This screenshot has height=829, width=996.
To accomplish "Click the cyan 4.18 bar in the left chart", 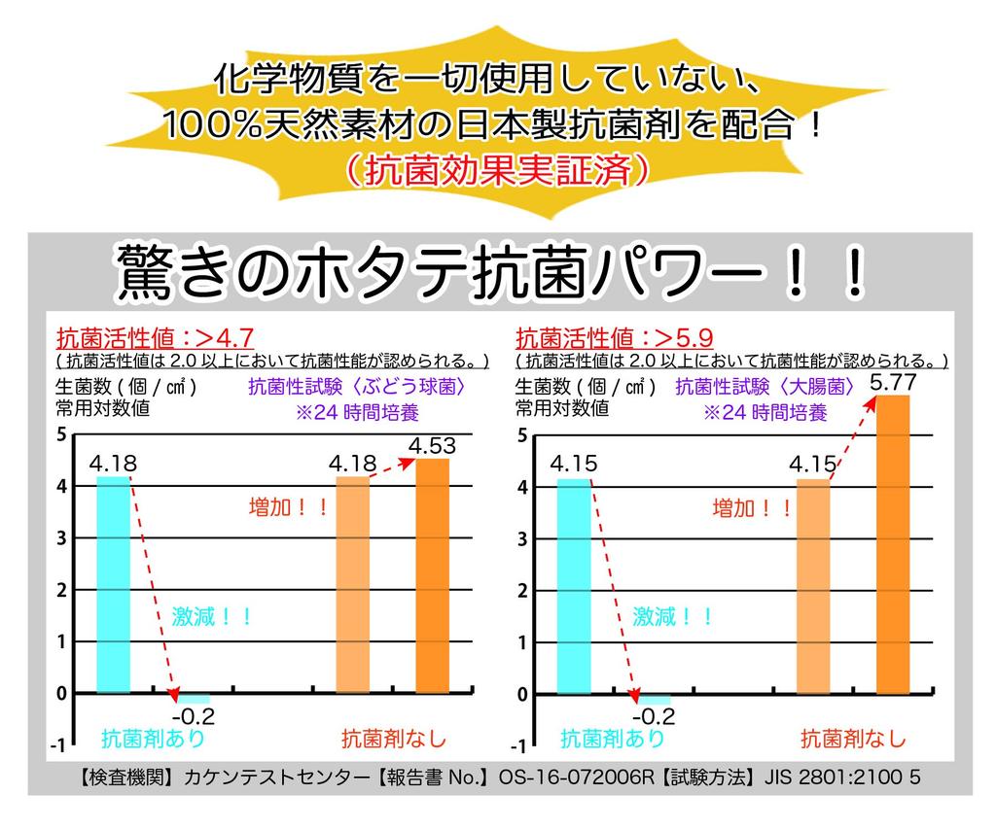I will [x=113, y=584].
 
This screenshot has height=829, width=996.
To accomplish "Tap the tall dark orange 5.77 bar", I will [x=892, y=544].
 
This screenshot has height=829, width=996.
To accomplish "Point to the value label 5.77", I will [x=892, y=383].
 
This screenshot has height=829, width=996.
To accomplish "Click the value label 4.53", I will [x=432, y=446].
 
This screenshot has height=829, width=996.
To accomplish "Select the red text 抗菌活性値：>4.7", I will [x=156, y=338].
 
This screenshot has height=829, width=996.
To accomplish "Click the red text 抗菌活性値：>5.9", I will [x=615, y=338].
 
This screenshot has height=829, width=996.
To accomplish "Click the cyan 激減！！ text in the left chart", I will [x=212, y=615].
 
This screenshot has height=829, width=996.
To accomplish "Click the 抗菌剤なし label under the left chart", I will [x=393, y=738].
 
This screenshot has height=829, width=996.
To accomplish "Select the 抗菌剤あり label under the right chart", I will [x=613, y=738].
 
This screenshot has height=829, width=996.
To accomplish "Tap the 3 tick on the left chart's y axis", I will [x=61, y=537].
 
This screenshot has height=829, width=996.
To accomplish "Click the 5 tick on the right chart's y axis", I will [x=522, y=434].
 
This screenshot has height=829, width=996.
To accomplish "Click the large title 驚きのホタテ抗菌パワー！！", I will [x=491, y=273].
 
